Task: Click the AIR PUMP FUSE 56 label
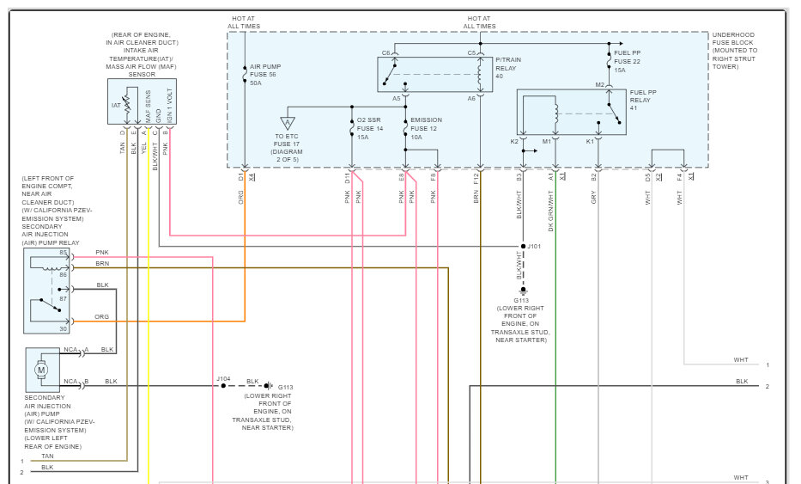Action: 265,75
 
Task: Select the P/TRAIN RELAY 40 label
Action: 508,68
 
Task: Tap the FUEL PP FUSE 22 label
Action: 627,61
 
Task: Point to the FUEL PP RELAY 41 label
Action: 643,101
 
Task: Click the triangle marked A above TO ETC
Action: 288,123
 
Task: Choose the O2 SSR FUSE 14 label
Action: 369,128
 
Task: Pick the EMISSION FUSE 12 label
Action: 426,128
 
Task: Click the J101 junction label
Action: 534,246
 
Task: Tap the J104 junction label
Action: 223,378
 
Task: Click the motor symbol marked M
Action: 41,370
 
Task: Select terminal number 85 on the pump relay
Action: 63,252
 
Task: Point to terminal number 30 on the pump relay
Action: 63,329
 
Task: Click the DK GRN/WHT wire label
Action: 550,211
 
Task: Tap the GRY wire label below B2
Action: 593,198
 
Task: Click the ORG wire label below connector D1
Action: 240,198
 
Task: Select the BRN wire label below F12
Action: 476,197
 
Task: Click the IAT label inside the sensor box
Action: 116,106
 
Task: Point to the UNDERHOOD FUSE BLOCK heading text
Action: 733,39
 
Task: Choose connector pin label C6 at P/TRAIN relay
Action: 385,53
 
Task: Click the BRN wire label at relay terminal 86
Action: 102,263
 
